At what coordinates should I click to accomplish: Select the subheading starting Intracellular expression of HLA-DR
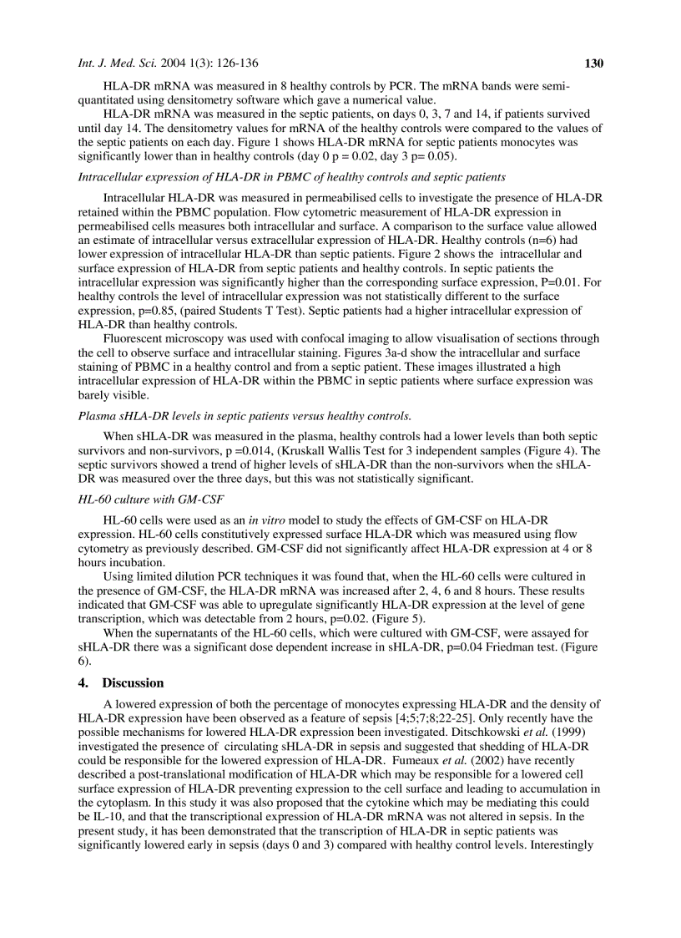[291, 177]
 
